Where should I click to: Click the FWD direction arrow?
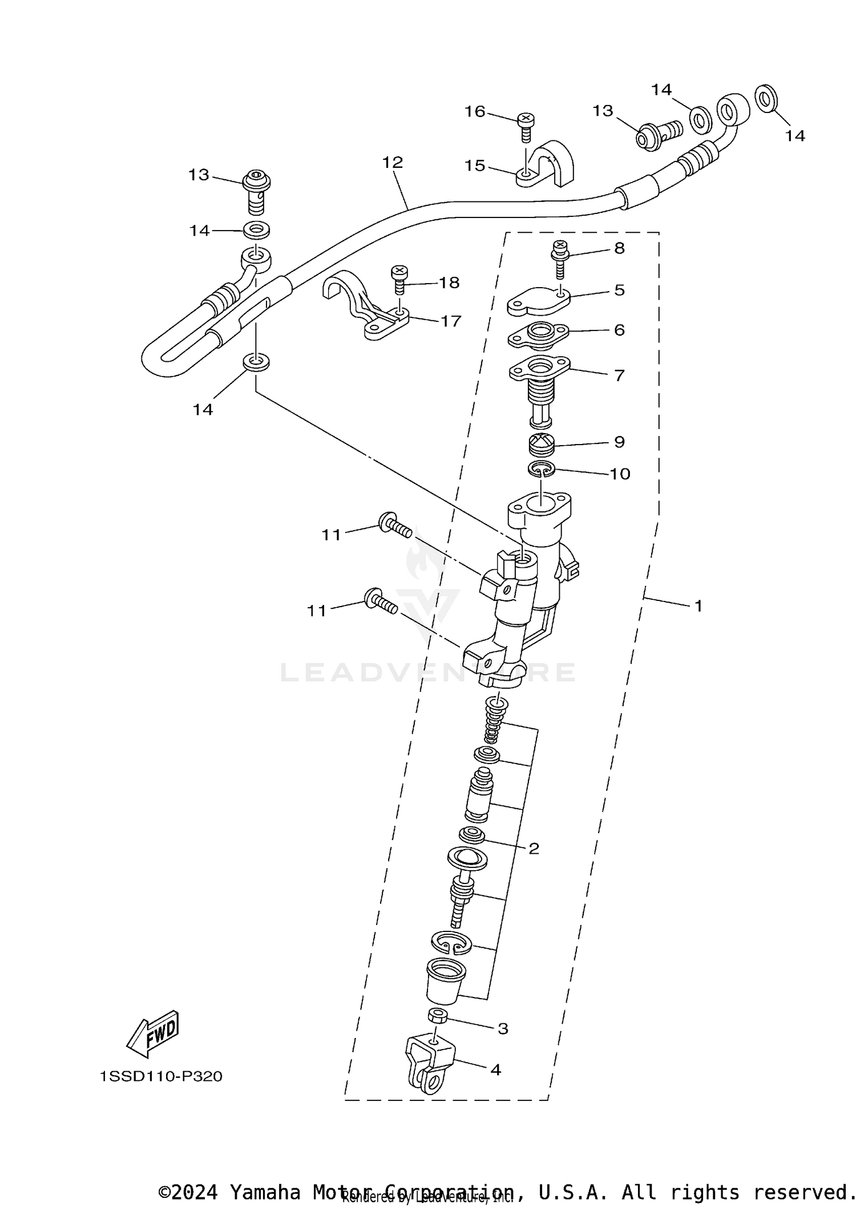point(152,1035)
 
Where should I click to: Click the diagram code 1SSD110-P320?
point(161,1077)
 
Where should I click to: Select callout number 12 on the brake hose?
point(393,163)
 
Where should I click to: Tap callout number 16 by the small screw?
point(475,112)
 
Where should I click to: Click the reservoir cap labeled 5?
point(538,301)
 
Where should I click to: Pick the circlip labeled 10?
point(540,469)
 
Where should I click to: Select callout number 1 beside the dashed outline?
point(698,606)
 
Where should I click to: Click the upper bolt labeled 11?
point(394,526)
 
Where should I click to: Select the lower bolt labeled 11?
point(380,601)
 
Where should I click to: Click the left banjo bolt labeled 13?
point(257,189)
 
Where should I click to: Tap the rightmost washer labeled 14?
point(766,98)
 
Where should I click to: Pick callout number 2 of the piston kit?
point(534,865)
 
